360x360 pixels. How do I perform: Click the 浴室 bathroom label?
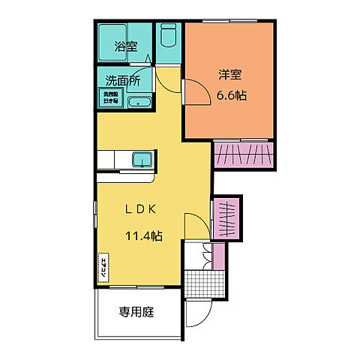[x=124, y=46]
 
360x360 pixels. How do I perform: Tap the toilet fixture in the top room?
[x=168, y=35]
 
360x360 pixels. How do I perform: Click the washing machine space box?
[x=109, y=97]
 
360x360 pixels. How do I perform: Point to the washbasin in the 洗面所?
[x=140, y=102]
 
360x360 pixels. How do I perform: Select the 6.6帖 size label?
[x=232, y=96]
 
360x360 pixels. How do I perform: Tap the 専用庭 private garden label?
[x=136, y=312]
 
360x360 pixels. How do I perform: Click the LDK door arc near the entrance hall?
[x=196, y=225]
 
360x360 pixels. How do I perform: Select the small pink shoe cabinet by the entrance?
[x=219, y=256]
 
